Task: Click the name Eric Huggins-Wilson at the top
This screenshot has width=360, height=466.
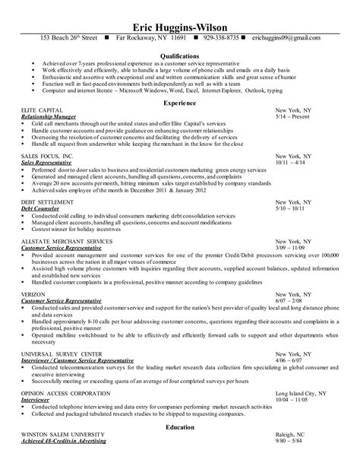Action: click(179, 23)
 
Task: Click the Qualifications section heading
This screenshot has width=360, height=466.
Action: click(180, 55)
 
